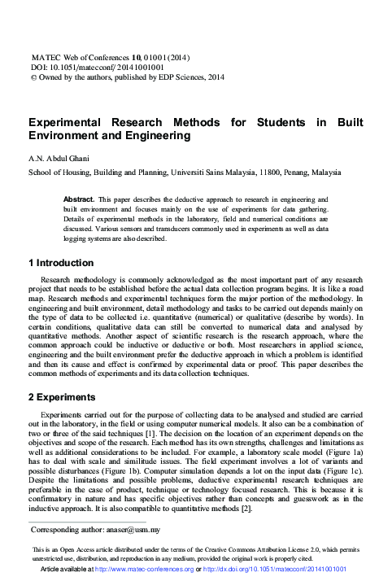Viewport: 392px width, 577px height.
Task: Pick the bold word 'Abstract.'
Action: pyautogui.click(x=78, y=199)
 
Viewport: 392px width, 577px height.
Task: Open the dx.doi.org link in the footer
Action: pyautogui.click(x=277, y=570)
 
